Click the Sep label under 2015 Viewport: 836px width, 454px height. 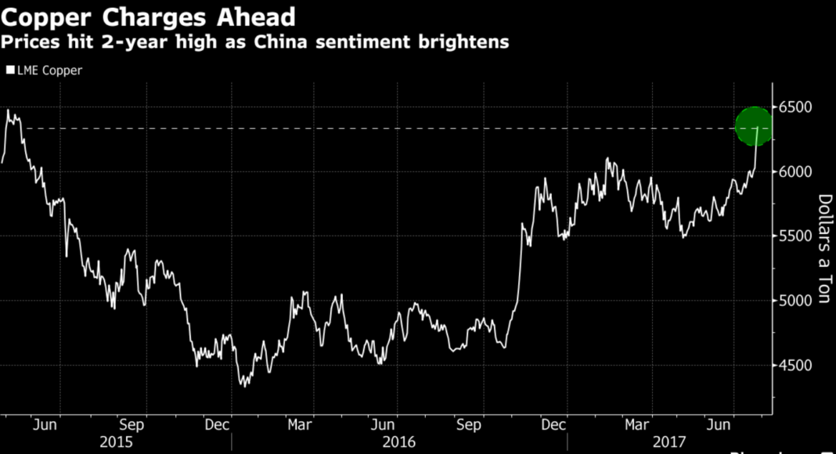click(132, 425)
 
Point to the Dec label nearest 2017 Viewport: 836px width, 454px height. click(554, 425)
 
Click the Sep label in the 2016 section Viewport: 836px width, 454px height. click(470, 425)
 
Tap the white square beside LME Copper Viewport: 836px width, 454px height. click(9, 70)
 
